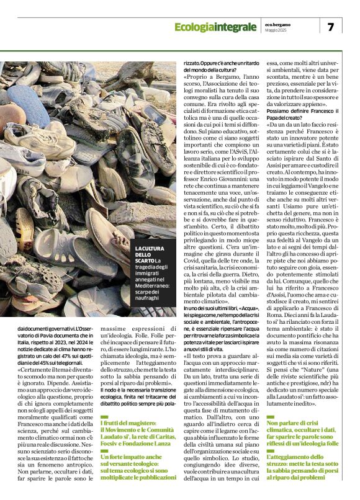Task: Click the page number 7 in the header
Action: (x=330, y=27)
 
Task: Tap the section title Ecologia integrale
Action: (x=215, y=27)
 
